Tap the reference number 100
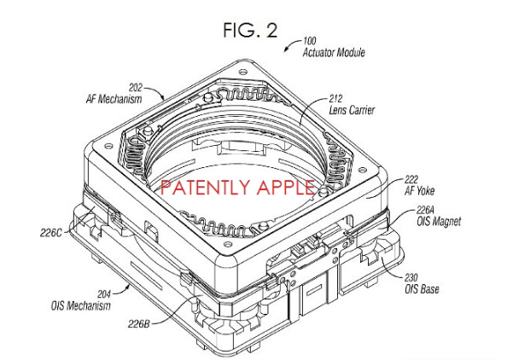pos(313,41)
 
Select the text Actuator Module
pos(334,53)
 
